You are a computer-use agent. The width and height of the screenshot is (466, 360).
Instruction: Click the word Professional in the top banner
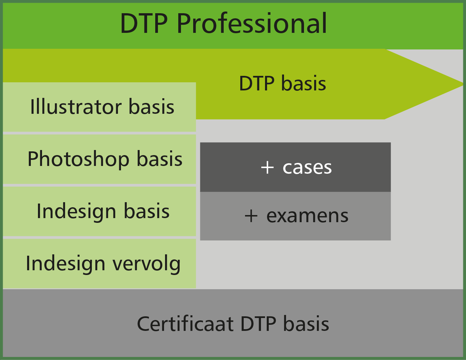click(252, 23)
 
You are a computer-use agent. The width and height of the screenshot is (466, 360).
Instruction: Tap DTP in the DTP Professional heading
click(144, 23)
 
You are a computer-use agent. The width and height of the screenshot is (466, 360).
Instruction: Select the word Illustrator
click(76, 107)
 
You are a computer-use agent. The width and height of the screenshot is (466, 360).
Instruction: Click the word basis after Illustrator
click(151, 106)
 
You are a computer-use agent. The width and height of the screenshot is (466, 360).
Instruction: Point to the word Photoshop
click(78, 160)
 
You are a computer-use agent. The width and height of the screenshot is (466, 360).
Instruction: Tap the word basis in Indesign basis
click(147, 211)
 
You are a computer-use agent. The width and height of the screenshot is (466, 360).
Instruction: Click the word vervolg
click(147, 265)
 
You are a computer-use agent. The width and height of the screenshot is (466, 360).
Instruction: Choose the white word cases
click(307, 168)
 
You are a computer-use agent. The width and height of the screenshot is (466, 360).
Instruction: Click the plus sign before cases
click(267, 168)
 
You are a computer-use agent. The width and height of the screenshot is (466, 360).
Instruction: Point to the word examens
click(307, 216)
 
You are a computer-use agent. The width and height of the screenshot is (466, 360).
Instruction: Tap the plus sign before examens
click(251, 216)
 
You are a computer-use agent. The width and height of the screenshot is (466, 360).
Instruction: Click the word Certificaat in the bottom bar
click(185, 324)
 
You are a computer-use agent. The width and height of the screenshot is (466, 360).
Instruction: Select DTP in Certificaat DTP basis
click(258, 324)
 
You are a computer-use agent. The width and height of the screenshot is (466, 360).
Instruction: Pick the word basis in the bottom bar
click(306, 323)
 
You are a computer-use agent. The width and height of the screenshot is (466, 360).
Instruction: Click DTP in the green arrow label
click(257, 84)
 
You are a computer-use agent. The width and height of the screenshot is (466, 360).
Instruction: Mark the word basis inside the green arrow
click(303, 83)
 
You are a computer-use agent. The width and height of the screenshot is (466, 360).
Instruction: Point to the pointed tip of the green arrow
click(463, 84)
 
